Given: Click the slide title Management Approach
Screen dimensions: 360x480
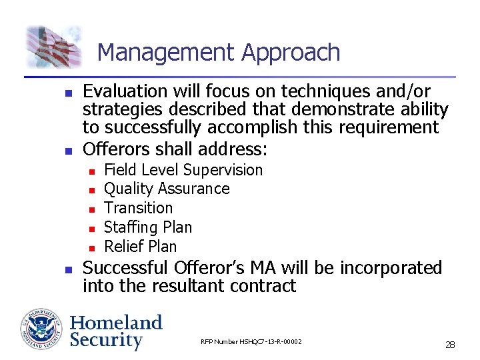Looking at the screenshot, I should (x=218, y=52).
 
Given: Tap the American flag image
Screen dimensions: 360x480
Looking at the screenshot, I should (x=54, y=47).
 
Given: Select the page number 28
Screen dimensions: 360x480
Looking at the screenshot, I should (x=450, y=345).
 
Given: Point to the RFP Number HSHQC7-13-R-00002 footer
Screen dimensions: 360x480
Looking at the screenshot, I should (x=251, y=342).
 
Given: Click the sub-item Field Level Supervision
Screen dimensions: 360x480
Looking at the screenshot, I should (x=183, y=171).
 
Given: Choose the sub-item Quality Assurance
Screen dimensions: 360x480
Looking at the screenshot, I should (x=167, y=189).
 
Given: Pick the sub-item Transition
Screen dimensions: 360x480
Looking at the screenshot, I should (x=138, y=208).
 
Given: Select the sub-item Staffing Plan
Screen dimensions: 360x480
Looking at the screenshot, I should (x=148, y=227).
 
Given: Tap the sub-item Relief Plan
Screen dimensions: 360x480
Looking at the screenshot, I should (x=141, y=246).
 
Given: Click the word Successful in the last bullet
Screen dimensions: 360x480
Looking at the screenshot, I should (x=125, y=268).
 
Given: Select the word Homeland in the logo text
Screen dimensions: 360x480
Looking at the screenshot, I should (x=116, y=323).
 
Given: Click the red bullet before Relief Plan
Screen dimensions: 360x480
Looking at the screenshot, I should (x=91, y=248).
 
